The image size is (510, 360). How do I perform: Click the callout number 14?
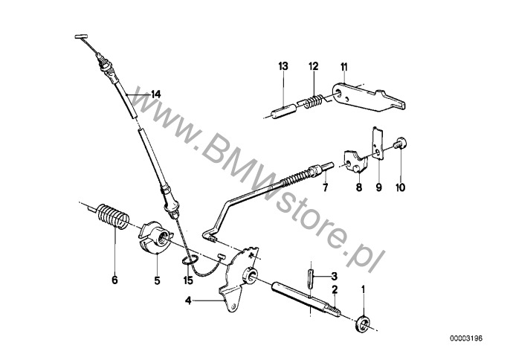156,94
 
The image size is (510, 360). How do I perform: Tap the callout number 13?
283,66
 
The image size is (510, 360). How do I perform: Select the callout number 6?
114,280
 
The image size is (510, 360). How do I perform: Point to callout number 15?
188,280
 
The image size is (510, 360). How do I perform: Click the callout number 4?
188,301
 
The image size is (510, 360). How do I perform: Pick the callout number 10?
401,187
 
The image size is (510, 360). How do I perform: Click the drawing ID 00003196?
466,338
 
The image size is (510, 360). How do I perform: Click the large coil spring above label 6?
112,216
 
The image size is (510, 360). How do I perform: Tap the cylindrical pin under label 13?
283,111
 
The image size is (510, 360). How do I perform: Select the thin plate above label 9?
378,144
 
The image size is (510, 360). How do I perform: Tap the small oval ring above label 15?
189,260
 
